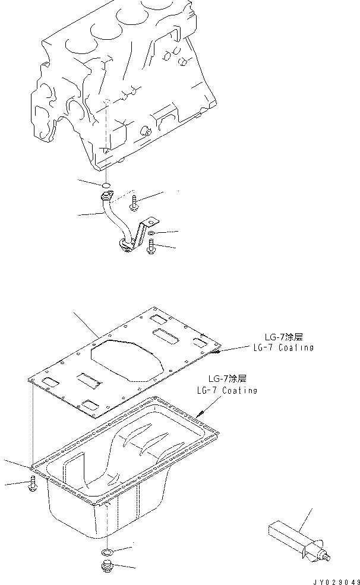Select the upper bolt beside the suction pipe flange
coord(134,202)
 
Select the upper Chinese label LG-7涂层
coord(285,336)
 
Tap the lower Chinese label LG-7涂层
coord(228,378)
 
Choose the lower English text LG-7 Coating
coord(227,390)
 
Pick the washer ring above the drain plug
coord(108,553)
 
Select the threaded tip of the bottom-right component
coord(327,557)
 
